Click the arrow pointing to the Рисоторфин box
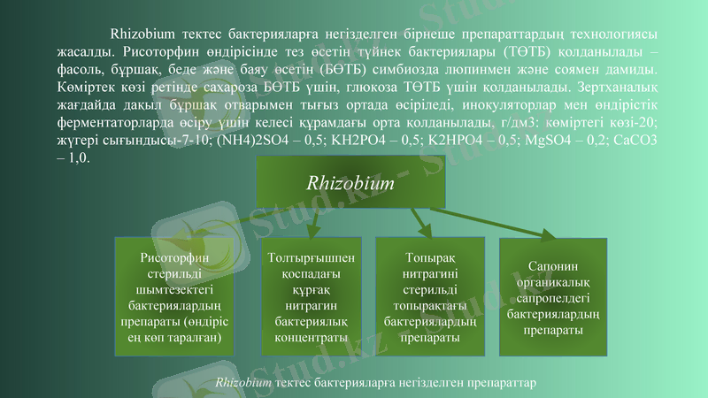coord(221,221)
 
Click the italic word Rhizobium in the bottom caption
coord(243,382)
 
